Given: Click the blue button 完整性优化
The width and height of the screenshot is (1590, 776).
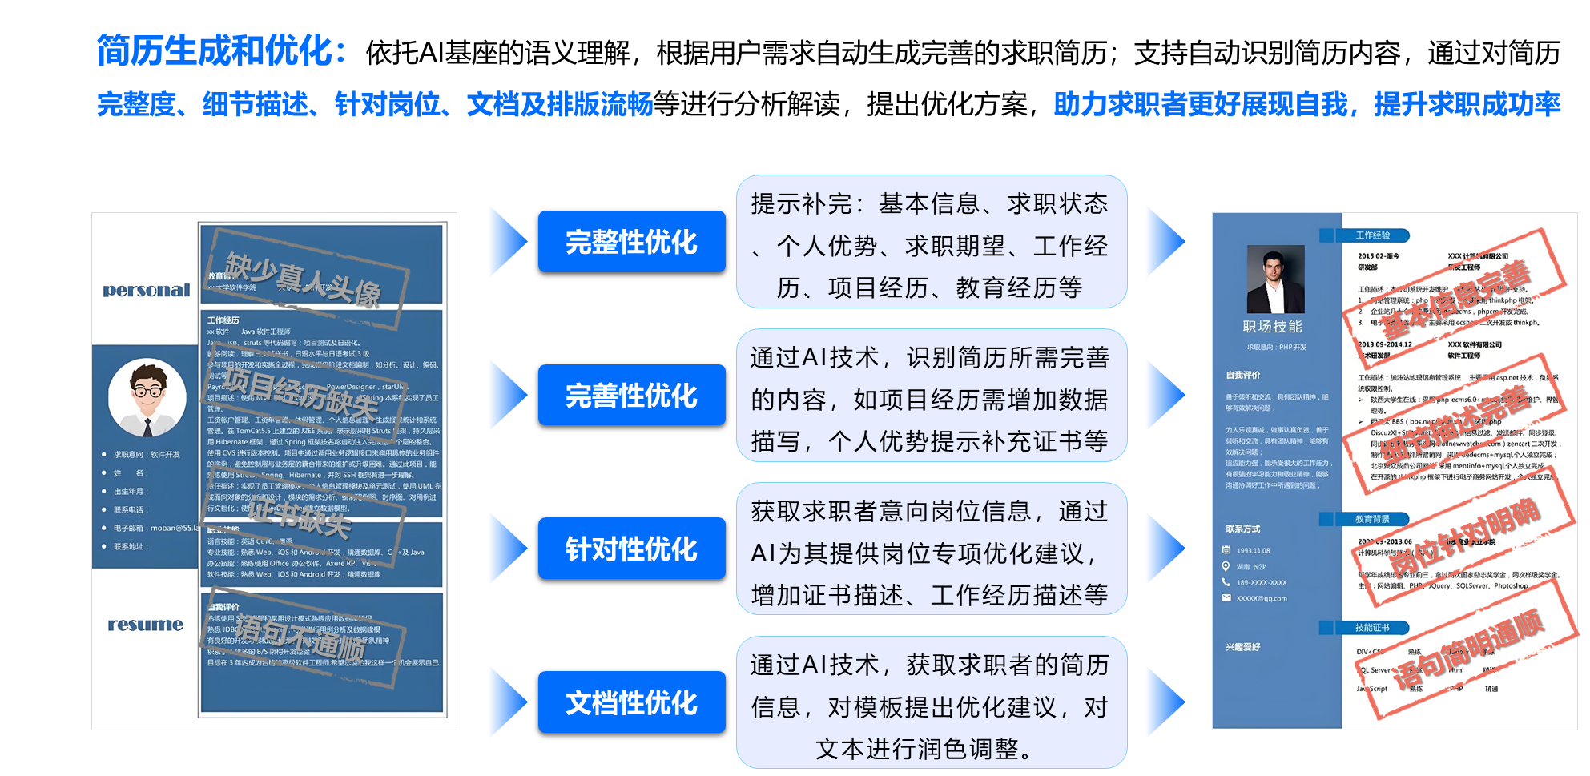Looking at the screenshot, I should pyautogui.click(x=631, y=242).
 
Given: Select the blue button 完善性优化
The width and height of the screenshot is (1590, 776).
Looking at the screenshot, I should pyautogui.click(x=631, y=396).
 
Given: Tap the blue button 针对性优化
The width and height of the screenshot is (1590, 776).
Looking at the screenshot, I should pyautogui.click(x=631, y=549).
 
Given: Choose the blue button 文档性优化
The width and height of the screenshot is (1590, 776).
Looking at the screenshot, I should pyautogui.click(x=631, y=702).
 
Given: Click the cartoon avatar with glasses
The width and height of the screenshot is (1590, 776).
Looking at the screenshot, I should pyautogui.click(x=147, y=398).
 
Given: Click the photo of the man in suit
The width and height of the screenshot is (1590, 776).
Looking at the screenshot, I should pyautogui.click(x=1275, y=279).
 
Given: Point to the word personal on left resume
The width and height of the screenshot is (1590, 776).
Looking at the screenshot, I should pyautogui.click(x=147, y=290).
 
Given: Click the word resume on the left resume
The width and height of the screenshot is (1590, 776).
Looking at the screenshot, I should pyautogui.click(x=146, y=625).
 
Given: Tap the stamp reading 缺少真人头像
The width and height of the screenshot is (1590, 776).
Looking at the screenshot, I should pyautogui.click(x=307, y=280).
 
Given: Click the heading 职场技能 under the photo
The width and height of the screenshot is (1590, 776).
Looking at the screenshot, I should pyautogui.click(x=1272, y=327).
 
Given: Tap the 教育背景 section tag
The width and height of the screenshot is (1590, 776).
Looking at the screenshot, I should pyautogui.click(x=1372, y=519).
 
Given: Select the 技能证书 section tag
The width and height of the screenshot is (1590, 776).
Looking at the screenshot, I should pyautogui.click(x=1372, y=628).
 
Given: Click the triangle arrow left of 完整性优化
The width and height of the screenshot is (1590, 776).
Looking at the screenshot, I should pyautogui.click(x=505, y=242).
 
